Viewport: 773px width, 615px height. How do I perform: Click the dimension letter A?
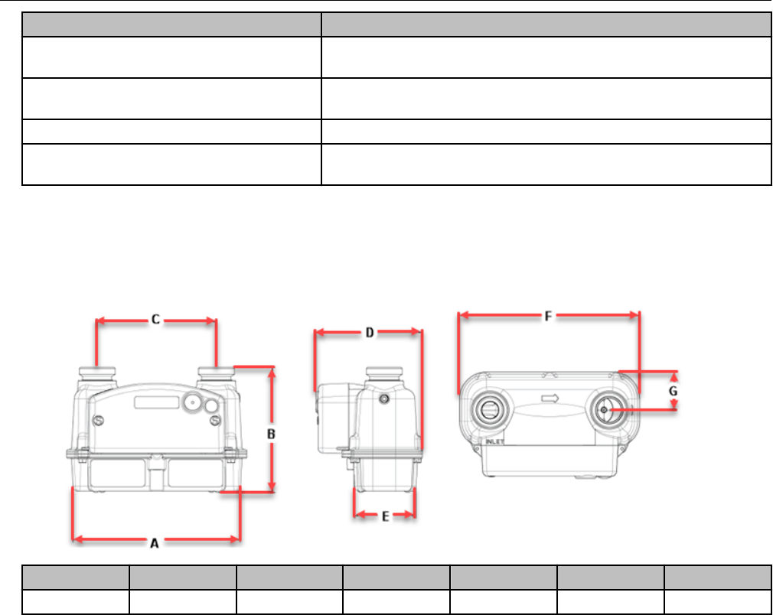[155, 543]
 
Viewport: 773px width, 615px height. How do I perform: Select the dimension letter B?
[271, 434]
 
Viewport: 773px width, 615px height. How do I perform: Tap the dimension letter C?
[155, 320]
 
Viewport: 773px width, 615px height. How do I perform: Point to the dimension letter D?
[370, 333]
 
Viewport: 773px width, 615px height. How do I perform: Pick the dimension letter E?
[386, 516]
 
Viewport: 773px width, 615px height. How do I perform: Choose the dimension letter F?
[548, 316]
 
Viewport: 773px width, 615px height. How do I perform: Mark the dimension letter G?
[674, 392]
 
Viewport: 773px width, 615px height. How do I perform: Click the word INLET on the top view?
[494, 441]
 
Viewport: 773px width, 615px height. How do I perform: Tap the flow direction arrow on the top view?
[550, 399]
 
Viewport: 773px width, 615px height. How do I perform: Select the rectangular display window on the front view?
[157, 402]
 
